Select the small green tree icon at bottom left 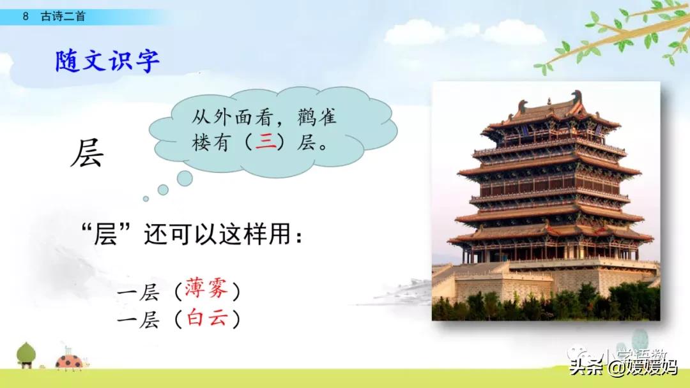(x=26, y=354)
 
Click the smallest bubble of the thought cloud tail (x=146, y=198)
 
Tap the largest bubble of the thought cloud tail (x=185, y=178)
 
